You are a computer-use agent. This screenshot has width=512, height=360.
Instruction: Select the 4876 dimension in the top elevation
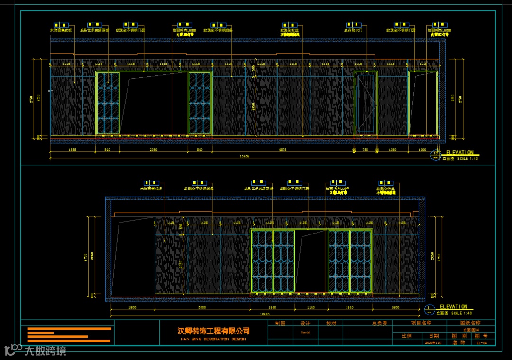point(283,150)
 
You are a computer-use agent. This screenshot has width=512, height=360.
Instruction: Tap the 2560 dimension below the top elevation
point(153,150)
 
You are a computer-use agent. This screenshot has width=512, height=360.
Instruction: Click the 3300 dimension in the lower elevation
point(202,307)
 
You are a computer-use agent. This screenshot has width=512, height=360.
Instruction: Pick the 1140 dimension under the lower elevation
point(311,307)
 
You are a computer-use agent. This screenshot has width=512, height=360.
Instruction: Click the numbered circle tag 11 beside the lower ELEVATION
point(430,309)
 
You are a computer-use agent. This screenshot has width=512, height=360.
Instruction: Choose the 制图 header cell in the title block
point(280,324)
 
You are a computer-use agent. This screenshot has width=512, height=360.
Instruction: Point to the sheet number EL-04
point(481,342)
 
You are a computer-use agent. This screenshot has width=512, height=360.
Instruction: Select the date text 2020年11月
point(433,342)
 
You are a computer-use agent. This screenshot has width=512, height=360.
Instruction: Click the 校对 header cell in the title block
point(330,324)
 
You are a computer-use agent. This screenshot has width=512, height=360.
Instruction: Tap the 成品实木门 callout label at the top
point(354,30)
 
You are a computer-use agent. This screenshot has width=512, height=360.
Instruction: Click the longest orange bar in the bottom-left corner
point(70,328)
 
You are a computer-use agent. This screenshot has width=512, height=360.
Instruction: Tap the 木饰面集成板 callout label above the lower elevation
point(151,189)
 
